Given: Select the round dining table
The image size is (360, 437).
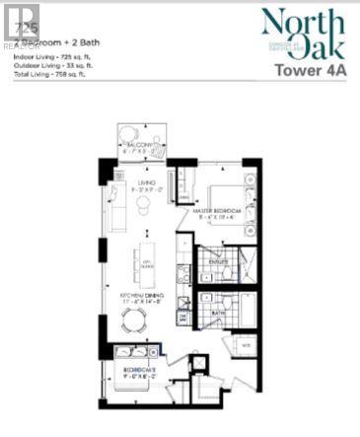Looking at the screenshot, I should coord(135,319).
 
